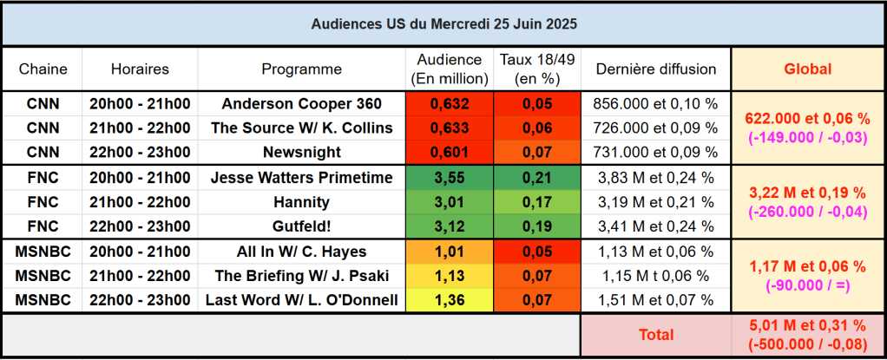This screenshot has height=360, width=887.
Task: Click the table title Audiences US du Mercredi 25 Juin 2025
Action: pos(443,24)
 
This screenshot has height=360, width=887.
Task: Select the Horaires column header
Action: pos(140,69)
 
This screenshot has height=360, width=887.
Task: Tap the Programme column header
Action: pos(301,69)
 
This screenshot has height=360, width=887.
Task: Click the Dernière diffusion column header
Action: pos(655,69)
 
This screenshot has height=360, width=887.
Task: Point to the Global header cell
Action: pos(807,69)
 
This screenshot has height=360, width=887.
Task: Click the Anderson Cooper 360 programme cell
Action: pos(301,104)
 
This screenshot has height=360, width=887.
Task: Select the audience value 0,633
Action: pos(450,128)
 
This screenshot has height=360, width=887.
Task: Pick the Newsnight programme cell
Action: pos(301,153)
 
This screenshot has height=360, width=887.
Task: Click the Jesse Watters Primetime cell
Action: pos(301,179)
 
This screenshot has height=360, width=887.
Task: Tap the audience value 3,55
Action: pos(450,179)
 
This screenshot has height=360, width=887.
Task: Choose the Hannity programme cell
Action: pos(301,203)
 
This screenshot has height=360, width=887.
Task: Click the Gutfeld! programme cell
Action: pos(301,227)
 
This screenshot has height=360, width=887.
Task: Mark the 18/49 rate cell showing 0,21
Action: pos(537,179)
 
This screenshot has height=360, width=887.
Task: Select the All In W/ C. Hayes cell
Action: pos(301,252)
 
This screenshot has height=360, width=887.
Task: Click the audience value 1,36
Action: pos(450,301)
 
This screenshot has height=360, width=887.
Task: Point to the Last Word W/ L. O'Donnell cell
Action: pos(301,301)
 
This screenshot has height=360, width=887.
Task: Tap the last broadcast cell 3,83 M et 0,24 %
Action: pos(655,179)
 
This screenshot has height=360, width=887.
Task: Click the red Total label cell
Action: pos(655,334)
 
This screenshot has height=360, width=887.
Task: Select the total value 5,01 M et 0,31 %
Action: pos(807,326)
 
